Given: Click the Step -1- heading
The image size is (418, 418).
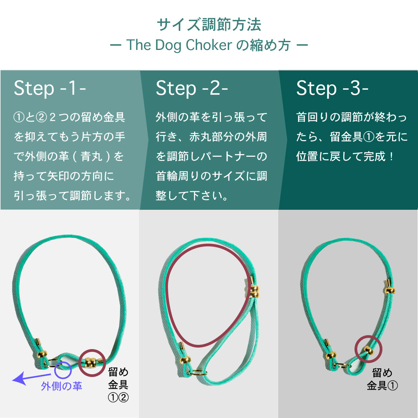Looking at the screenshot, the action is pyautogui.click(x=50, y=89).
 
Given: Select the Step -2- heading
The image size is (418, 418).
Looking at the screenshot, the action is pyautogui.click(x=192, y=89).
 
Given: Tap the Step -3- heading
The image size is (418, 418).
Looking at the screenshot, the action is pyautogui.click(x=332, y=89).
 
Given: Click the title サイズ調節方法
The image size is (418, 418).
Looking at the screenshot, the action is pyautogui.click(x=209, y=24).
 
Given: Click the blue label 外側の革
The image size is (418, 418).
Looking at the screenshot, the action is pyautogui.click(x=62, y=386).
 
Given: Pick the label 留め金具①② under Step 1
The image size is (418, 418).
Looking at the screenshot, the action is pyautogui.click(x=118, y=384).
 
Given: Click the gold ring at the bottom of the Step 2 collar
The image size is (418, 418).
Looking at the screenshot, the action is pyautogui.click(x=198, y=372).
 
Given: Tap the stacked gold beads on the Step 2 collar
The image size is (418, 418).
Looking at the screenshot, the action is pyautogui.click(x=255, y=291).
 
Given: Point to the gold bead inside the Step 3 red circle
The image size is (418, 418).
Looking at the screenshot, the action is pyautogui.click(x=369, y=350).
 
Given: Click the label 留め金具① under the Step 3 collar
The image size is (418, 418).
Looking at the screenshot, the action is pyautogui.click(x=382, y=379).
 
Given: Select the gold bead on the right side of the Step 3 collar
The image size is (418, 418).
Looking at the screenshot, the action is pyautogui.click(x=390, y=290).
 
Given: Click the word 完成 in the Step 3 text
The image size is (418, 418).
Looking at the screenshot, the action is pyautogui.click(x=375, y=156).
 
